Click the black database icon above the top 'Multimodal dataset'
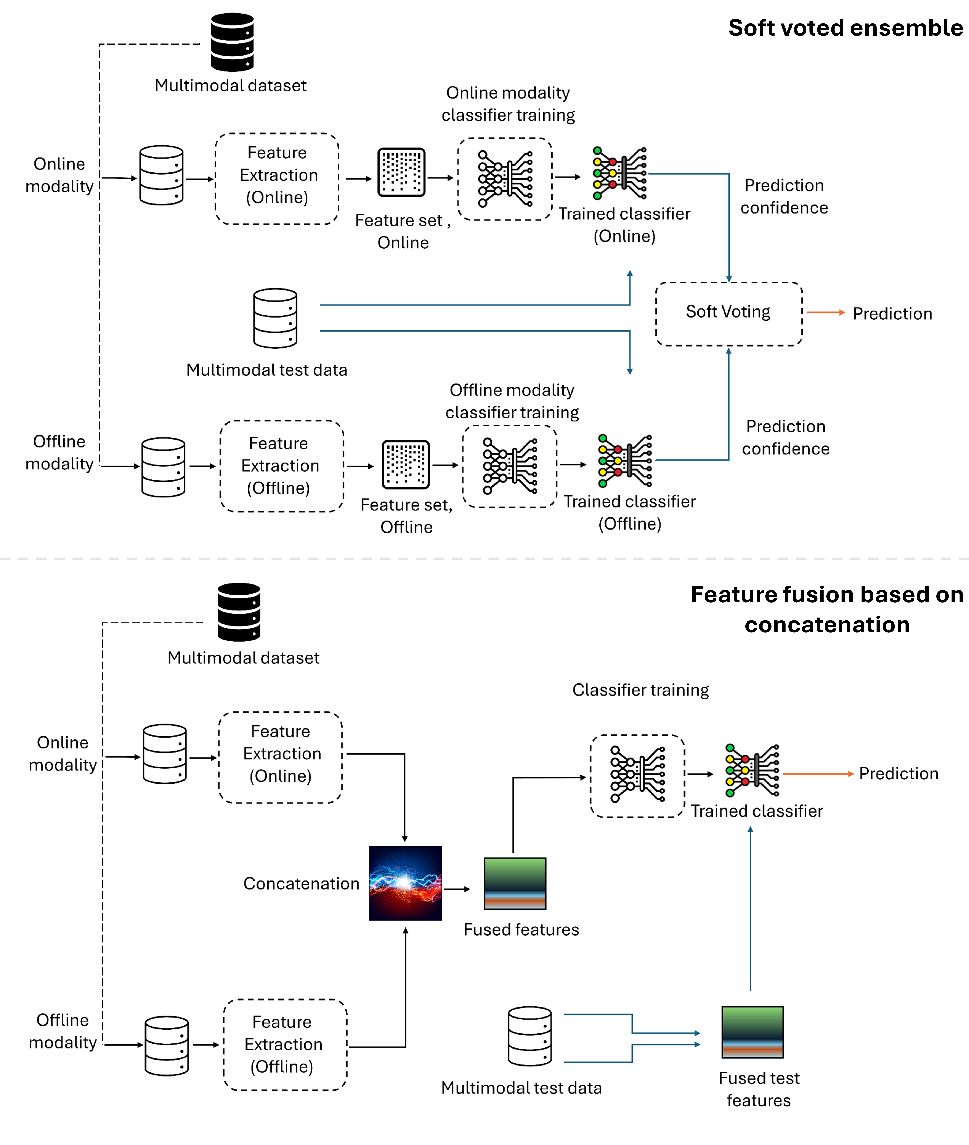pos(232,42)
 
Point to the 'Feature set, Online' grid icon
pos(402,172)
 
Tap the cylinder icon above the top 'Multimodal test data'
pos(275,318)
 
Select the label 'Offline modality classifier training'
pos(512,401)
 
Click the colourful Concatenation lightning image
pos(405,883)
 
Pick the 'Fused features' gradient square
pos(515,883)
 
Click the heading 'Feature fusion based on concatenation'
pos(827,609)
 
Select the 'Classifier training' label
pos(640,690)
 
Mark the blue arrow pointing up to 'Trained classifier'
pos(750,909)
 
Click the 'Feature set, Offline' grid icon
pos(405,464)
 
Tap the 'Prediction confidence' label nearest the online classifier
pos(784,197)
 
